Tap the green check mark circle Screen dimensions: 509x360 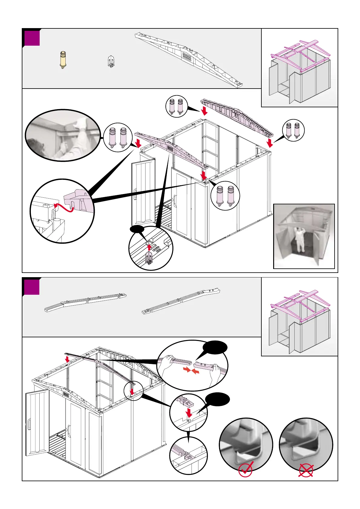click(x=245, y=470)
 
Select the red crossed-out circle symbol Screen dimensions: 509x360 click(x=306, y=471)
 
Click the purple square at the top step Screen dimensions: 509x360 click(x=32, y=38)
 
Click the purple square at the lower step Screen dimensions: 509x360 click(x=32, y=287)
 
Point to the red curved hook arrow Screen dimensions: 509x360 click(x=63, y=208)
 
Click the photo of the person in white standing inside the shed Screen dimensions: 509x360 click(x=304, y=236)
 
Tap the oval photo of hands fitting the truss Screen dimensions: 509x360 click(x=63, y=135)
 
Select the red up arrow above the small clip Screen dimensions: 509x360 click(x=149, y=247)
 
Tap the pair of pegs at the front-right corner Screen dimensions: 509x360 click(x=225, y=196)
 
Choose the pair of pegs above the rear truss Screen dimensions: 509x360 click(x=176, y=107)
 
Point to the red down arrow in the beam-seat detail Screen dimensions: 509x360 click(x=189, y=413)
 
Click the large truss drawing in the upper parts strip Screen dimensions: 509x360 click(x=189, y=59)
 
